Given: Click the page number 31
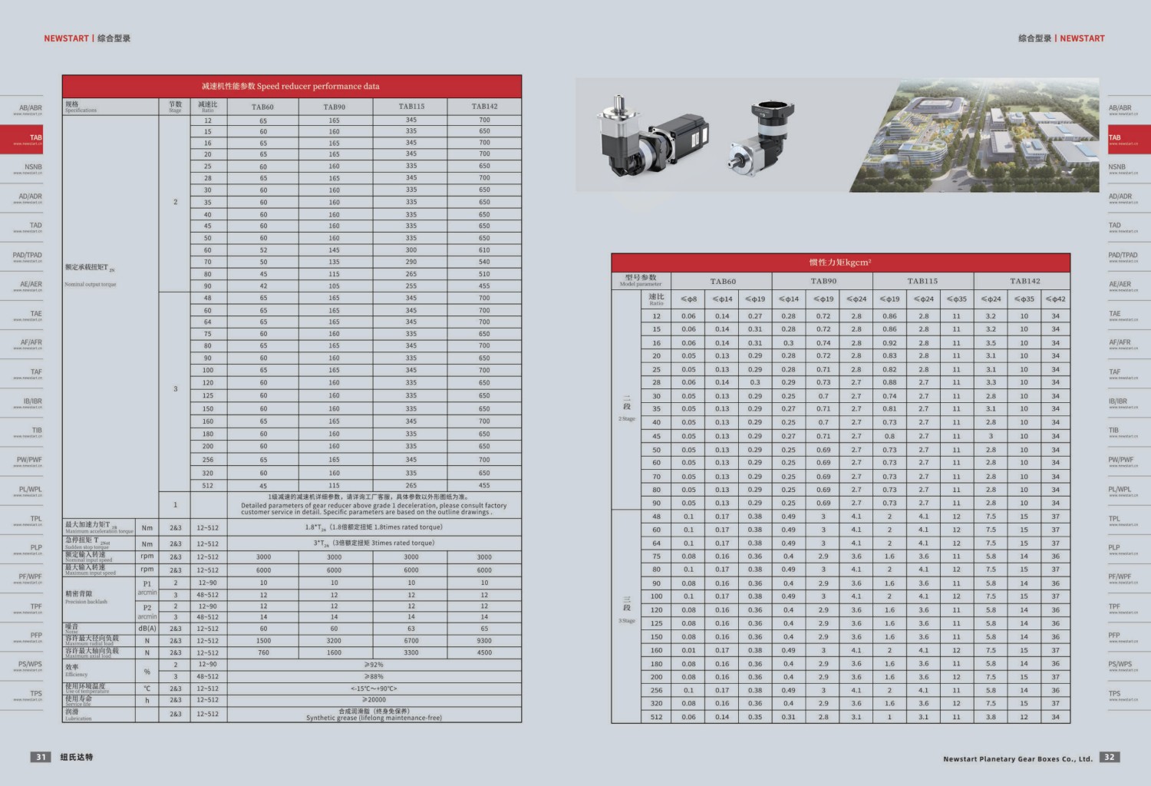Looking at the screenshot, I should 41,757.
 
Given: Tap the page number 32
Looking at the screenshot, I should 1109,757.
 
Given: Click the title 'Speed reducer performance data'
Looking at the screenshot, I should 291,86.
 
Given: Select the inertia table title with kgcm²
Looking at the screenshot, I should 840,263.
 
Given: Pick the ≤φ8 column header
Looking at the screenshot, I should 688,299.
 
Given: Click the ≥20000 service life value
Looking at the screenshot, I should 374,700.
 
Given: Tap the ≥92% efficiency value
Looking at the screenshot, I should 374,665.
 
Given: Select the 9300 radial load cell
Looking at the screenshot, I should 484,641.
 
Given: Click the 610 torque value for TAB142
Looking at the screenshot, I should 484,250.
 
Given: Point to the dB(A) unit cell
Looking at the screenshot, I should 147,629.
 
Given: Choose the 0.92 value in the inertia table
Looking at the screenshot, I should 889,343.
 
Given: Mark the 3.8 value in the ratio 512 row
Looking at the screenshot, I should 991,717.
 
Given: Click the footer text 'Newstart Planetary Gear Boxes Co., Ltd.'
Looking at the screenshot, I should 1017,759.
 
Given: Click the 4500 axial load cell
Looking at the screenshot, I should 484,652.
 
